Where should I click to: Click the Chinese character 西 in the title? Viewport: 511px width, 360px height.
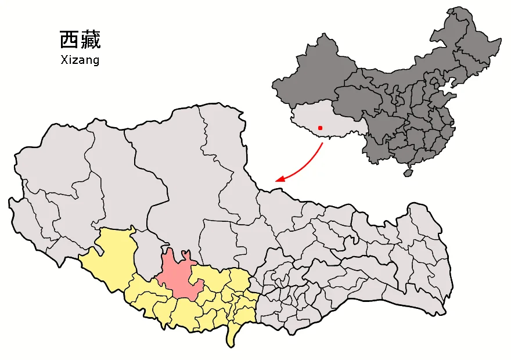point(69,40)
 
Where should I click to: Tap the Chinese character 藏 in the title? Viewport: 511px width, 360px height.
point(90,40)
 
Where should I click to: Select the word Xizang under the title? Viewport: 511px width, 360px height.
point(80,60)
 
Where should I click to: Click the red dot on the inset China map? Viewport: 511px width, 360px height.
point(320,128)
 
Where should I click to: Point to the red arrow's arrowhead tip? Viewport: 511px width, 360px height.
point(276,181)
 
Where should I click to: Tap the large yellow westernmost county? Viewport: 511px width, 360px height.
point(113,255)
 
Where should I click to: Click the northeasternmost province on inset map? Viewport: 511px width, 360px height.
point(470,41)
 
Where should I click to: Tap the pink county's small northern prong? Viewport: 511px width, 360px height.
point(185,255)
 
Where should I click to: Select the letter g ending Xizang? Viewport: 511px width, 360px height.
point(95,61)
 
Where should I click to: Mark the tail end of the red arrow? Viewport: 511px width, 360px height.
point(322,143)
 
